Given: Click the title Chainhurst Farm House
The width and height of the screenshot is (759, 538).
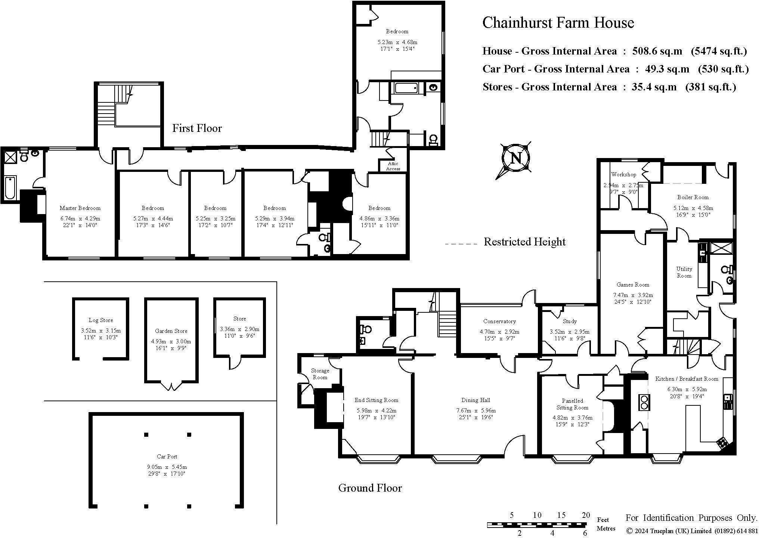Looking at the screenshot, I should [558, 23].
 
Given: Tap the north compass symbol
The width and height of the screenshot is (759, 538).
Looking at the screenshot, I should [516, 158].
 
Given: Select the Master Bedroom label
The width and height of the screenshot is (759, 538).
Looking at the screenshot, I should [80, 208].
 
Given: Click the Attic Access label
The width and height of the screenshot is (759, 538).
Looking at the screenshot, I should [393, 166].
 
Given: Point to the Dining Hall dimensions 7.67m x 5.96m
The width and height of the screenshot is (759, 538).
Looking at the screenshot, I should [475, 411].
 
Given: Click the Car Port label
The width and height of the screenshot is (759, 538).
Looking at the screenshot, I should [167, 457].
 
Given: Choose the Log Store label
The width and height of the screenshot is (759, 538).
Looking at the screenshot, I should [101, 320].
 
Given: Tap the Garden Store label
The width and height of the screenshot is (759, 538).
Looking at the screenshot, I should [171, 331].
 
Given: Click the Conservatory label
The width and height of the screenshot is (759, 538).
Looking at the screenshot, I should [499, 321].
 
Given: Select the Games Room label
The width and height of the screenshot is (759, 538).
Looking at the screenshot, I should [633, 285].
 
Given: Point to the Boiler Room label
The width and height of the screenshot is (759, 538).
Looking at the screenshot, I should [693, 197].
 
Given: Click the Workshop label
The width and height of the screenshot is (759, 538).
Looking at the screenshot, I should [623, 174].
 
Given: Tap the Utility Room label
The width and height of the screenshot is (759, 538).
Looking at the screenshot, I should [684, 272].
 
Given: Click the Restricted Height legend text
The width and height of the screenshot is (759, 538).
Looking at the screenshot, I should [524, 242].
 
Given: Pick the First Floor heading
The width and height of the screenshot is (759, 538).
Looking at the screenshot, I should [197, 129].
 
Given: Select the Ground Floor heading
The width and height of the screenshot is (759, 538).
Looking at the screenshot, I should [370, 488].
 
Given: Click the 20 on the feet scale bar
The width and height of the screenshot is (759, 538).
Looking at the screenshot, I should [585, 515].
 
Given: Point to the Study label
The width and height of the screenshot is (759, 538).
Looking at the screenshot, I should [570, 321].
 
